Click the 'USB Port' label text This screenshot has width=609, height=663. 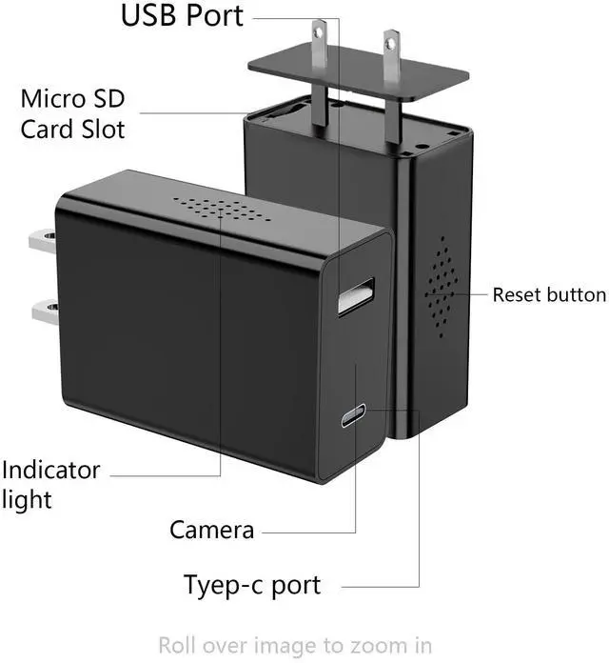pyautogui.click(x=182, y=16)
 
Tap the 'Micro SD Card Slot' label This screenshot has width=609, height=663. pyautogui.click(x=72, y=113)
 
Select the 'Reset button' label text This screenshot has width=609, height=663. pyautogui.click(x=549, y=294)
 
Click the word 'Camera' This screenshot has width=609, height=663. pyautogui.click(x=211, y=530)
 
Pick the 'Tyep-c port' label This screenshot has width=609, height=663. pyautogui.click(x=252, y=583)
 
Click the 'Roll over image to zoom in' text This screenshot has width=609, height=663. pyautogui.click(x=295, y=645)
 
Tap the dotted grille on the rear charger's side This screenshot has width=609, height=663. pyautogui.click(x=439, y=285)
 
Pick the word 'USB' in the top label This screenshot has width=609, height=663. pyautogui.click(x=149, y=16)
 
